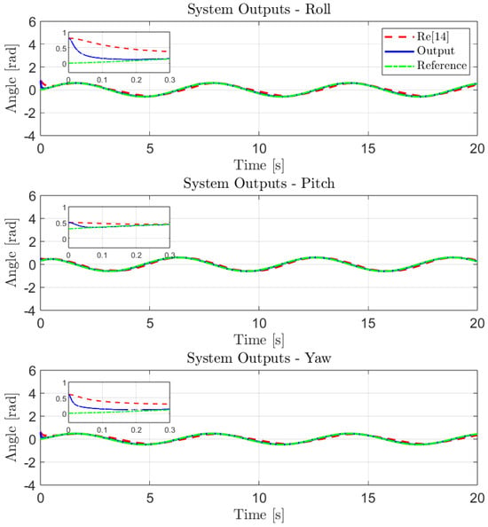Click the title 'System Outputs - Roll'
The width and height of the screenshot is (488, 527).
259,9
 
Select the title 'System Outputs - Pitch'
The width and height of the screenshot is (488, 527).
259,183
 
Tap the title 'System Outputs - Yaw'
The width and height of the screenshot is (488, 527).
259,358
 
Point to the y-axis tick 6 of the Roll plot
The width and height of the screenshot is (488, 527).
32,22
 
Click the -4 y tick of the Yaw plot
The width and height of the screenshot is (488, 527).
29,485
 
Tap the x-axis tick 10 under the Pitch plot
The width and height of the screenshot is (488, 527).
259,323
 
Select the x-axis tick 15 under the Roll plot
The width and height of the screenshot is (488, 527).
368,148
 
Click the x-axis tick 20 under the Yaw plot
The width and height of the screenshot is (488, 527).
477,498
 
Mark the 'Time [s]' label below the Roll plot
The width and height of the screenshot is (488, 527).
259,165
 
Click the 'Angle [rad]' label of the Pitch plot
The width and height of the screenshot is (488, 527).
12,253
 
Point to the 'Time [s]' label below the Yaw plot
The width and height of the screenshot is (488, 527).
259,515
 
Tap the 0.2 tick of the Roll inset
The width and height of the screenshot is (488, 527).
136,80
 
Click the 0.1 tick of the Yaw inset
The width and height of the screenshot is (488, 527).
102,430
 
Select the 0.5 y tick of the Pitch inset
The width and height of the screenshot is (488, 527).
61,224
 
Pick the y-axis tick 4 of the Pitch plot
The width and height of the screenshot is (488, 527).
32,219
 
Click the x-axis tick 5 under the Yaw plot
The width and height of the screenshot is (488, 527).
150,498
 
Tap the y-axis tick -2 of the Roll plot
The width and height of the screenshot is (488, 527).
29,113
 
